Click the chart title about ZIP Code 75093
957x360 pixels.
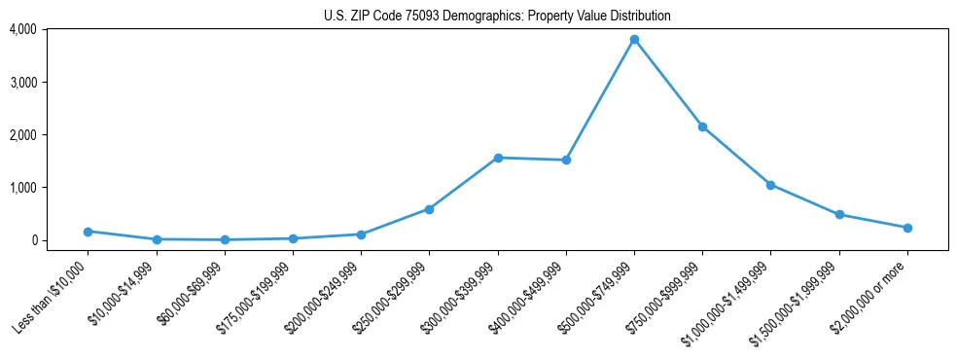click(x=497, y=16)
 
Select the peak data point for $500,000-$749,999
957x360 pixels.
click(x=634, y=40)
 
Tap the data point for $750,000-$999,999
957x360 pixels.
click(x=702, y=126)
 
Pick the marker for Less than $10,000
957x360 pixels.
click(x=89, y=232)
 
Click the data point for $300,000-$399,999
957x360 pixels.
click(x=498, y=158)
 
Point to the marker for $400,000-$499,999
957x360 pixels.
click(x=566, y=160)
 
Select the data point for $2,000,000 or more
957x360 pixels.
click(x=907, y=228)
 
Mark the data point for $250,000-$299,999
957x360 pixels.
click(x=429, y=209)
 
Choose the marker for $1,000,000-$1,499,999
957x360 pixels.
click(x=770, y=185)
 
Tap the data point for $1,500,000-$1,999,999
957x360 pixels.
click(x=839, y=215)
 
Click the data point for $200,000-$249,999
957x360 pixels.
click(x=361, y=234)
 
